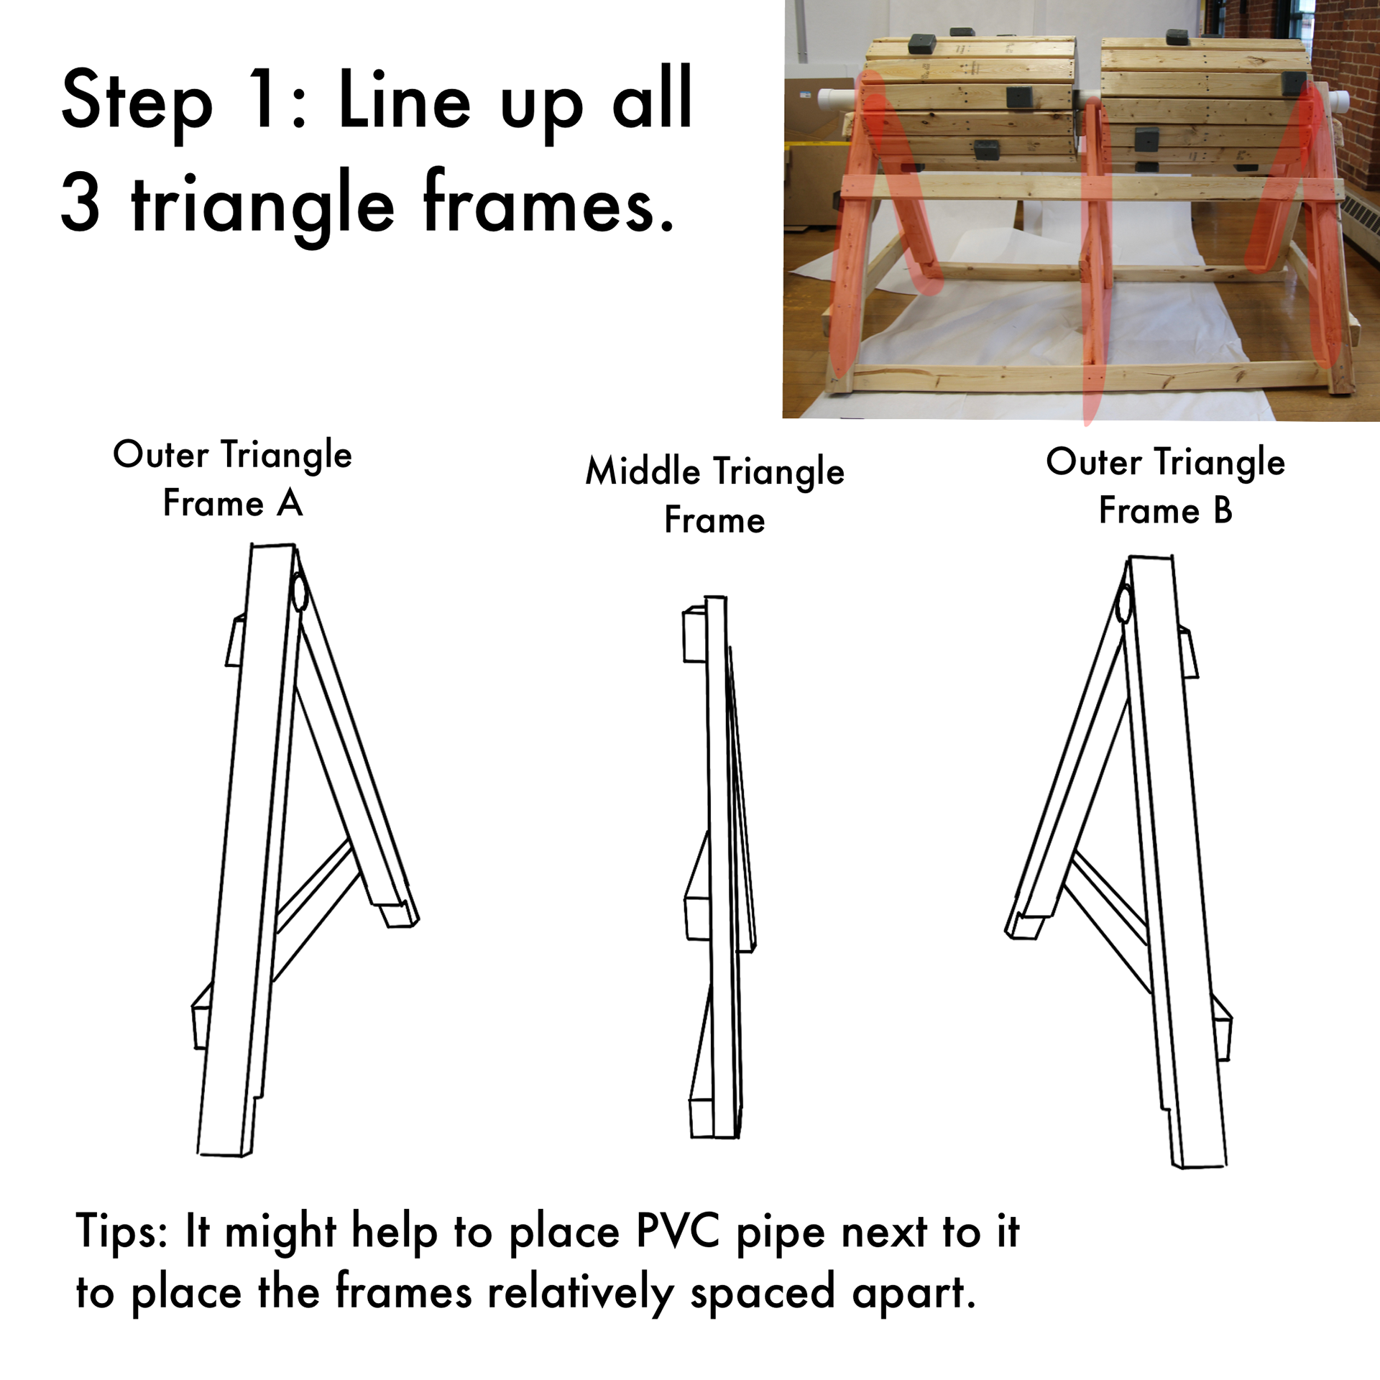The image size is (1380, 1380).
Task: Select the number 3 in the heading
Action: tap(80, 203)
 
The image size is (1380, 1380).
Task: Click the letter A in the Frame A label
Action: tap(290, 502)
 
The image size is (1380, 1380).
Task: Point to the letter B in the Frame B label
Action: tap(1223, 510)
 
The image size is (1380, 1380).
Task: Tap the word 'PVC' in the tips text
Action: tap(678, 1231)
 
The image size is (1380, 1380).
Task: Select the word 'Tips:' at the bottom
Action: tap(121, 1232)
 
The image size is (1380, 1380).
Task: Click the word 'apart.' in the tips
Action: tap(914, 1293)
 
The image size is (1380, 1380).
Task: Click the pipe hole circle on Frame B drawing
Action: tap(1123, 604)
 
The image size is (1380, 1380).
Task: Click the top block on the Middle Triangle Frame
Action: tap(694, 634)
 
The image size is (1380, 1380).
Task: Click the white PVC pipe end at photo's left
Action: tap(838, 98)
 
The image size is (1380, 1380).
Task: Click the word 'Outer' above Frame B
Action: tap(1094, 461)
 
